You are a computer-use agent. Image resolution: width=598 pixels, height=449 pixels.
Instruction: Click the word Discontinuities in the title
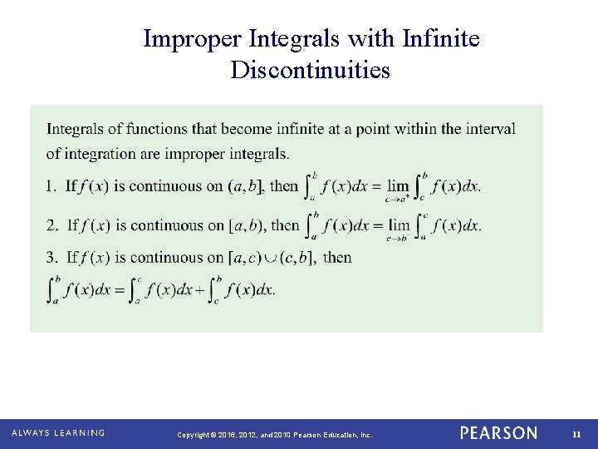[x=311, y=71]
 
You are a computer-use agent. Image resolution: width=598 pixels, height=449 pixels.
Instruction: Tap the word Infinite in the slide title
[x=441, y=39]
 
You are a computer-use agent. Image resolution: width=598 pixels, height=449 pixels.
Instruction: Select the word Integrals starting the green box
[x=74, y=129]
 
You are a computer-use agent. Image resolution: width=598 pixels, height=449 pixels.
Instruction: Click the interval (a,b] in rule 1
[x=247, y=186]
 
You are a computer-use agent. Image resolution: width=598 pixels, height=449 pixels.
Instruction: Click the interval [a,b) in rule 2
[x=248, y=225]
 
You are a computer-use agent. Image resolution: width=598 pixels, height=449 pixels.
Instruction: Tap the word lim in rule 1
[x=399, y=186]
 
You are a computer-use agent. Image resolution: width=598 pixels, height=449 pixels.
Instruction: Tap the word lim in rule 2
[x=399, y=225]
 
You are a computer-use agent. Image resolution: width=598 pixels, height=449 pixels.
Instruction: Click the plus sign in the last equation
[x=202, y=290]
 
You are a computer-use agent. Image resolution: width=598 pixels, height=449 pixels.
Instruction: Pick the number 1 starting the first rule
[x=50, y=186]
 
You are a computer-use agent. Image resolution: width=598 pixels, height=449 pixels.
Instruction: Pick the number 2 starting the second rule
[x=51, y=225]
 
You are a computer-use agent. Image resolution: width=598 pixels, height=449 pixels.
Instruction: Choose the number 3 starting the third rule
[x=51, y=258]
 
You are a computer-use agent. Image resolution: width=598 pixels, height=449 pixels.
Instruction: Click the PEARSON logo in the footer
[x=498, y=433]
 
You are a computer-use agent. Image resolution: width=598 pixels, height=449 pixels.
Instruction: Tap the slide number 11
[x=576, y=434]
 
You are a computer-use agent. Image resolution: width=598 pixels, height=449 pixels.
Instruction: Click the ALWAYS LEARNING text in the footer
[x=58, y=433]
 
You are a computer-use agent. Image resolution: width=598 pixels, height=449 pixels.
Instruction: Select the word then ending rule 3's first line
[x=337, y=258]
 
